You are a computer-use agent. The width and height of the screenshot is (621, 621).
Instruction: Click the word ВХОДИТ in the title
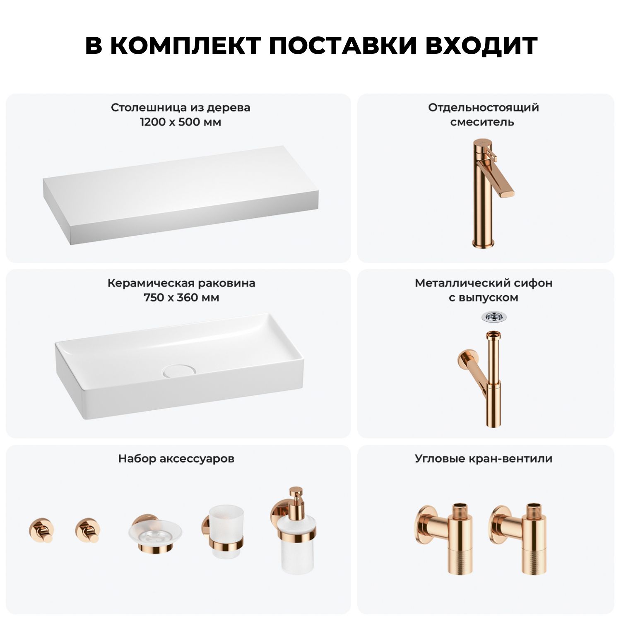(481, 46)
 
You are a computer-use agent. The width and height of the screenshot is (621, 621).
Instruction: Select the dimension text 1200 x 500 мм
(181, 122)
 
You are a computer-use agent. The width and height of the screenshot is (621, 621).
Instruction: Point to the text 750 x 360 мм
(181, 298)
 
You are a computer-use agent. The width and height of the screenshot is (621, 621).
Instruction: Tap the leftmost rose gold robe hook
(41, 530)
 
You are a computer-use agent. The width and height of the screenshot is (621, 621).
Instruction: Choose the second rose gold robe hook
(88, 530)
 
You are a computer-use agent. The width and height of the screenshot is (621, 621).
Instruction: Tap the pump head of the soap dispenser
(296, 496)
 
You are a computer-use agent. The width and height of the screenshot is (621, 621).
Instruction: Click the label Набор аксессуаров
(176, 459)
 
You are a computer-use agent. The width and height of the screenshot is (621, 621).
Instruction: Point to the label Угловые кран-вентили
(484, 459)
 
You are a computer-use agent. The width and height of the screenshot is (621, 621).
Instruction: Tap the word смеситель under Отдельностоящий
(482, 122)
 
